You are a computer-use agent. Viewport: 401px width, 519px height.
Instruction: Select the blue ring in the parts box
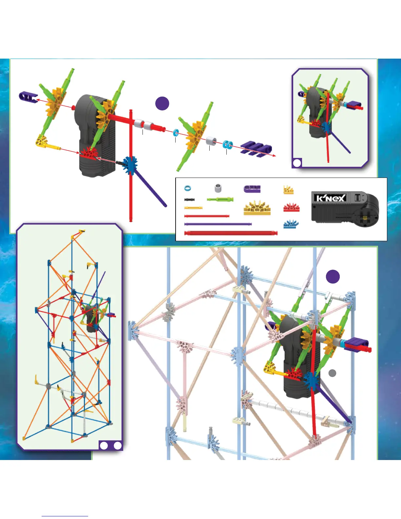pos(188,188)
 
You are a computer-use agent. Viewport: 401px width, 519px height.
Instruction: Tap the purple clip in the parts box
pos(252,189)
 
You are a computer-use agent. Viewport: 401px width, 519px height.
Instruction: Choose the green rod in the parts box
pos(220,199)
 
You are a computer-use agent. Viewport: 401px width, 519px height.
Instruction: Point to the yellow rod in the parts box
pos(193,208)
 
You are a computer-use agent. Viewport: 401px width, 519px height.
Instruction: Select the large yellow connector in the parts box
pos(257,208)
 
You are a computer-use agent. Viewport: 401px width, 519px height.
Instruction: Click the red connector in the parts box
pos(291,208)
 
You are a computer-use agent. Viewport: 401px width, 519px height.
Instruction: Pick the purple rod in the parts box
pos(218,224)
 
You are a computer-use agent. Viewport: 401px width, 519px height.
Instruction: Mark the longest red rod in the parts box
pos(231,233)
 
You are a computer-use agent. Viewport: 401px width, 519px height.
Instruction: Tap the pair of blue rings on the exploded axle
pos(228,144)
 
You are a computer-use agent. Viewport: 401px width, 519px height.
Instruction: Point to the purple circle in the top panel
pos(162,103)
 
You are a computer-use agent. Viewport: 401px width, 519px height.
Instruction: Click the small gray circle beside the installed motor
pos(332,373)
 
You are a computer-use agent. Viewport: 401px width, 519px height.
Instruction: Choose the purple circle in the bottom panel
pos(333,277)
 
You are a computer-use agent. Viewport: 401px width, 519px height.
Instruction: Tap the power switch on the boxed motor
pos(358,198)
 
